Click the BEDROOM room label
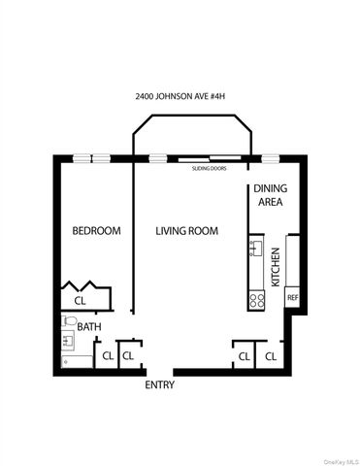tap(97, 231)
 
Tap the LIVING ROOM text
tap(187, 231)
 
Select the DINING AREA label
tap(269, 195)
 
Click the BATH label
tap(89, 327)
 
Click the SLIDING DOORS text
tap(210, 167)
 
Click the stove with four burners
tap(257, 300)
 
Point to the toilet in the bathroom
tap(67, 322)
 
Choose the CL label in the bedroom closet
tap(80, 301)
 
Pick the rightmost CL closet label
tap(271, 357)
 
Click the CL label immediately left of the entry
tap(127, 356)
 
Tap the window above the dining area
tap(269, 156)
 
